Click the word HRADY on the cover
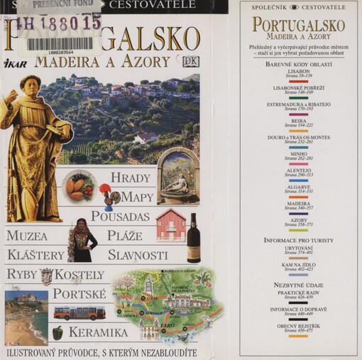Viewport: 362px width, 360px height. coord(131,178)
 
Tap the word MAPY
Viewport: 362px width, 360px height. coord(137,197)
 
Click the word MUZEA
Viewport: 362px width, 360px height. coord(27,236)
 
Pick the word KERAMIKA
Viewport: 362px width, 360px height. coord(98,332)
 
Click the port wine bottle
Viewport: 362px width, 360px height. coord(193,239)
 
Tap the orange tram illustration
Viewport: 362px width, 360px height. coord(79,313)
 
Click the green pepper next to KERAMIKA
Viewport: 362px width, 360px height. coord(57,332)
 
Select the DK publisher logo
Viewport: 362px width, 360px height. coord(190,61)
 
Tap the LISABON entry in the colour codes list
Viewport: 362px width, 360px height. coord(298,72)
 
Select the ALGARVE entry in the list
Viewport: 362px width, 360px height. coord(298,187)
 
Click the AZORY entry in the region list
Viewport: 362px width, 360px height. coord(298,220)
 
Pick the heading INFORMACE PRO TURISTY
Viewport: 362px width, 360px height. coord(298,239)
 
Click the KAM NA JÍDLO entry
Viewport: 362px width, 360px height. coord(298,265)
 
